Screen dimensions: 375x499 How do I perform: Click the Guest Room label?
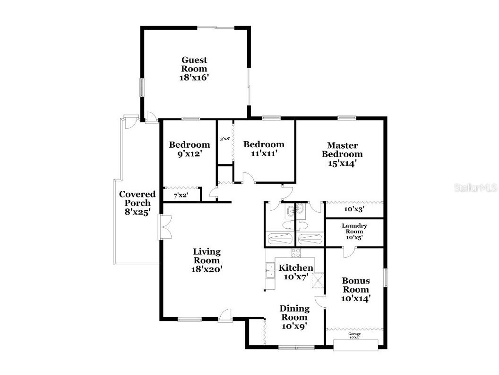tap(194, 69)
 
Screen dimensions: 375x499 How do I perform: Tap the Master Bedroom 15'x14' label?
tap(342, 154)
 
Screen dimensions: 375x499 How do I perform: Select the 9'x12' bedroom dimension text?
tap(189, 153)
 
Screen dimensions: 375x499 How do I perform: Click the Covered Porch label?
tap(137, 203)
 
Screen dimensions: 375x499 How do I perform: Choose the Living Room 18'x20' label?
tap(206, 260)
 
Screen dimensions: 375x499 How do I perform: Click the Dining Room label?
tap(295, 317)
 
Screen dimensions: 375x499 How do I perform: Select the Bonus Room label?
tap(356, 289)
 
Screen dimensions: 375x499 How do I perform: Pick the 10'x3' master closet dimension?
tap(353, 208)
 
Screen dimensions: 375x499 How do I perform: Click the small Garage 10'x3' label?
tap(354, 336)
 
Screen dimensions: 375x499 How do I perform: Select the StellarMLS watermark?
tap(475, 188)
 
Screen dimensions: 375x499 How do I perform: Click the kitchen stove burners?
tap(296, 253)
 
